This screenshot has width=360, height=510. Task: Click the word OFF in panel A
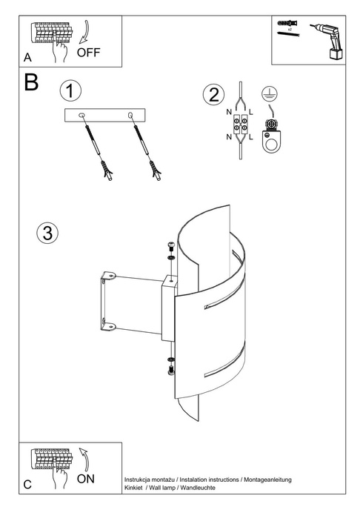tap(87, 53)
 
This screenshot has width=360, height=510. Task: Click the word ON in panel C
tap(86, 478)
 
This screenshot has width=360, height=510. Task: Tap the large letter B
tap(31, 83)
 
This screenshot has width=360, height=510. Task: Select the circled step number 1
tap(70, 91)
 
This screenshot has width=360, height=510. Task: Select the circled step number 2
tap(213, 95)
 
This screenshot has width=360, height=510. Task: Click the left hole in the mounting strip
tap(82, 115)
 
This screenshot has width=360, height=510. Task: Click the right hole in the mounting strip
tap(131, 115)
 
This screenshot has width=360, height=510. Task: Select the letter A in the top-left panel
tap(27, 57)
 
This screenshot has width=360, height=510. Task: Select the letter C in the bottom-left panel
tap(27, 485)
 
